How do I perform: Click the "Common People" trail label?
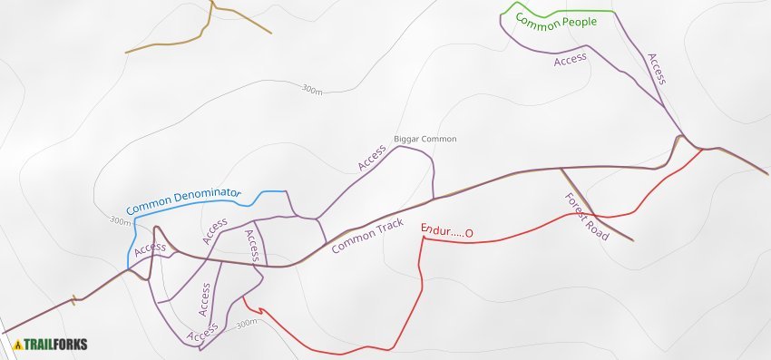click(x=556, y=20)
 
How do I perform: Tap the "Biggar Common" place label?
click(x=425, y=139)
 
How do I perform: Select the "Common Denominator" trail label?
click(x=183, y=200)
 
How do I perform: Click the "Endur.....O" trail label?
click(x=446, y=233)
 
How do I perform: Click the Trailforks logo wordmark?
click(x=56, y=345)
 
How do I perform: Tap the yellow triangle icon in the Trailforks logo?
click(x=18, y=345)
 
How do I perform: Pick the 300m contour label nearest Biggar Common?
click(x=312, y=90)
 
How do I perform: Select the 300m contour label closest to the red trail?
click(x=246, y=324)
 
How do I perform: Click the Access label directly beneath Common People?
click(x=571, y=60)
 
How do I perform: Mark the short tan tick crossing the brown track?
click(x=73, y=300)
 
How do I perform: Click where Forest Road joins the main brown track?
click(x=561, y=169)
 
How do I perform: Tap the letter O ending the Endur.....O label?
click(x=469, y=234)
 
